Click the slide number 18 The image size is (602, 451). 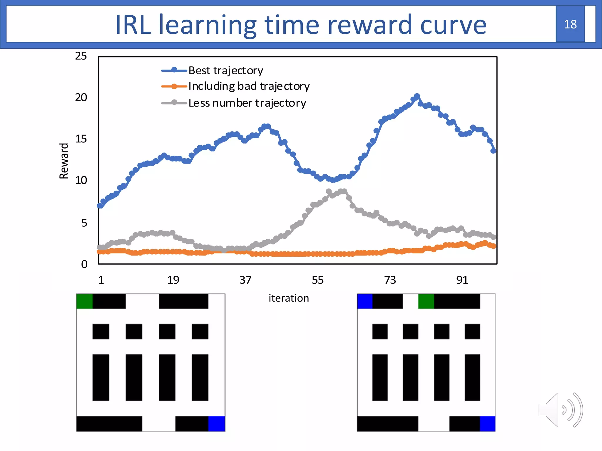570,24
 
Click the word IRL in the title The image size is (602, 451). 133,25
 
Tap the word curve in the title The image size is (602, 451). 453,25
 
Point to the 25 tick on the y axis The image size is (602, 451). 81,56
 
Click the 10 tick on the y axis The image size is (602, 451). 81,180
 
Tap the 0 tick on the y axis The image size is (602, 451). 84,264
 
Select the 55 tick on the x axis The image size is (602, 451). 317,280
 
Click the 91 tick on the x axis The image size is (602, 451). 462,280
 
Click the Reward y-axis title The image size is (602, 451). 64,161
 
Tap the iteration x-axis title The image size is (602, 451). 289,298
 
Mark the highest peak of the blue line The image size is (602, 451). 417,96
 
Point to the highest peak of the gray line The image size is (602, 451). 329,191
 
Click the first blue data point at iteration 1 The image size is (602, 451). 100,206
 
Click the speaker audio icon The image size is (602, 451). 560,410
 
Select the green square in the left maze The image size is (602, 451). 84,301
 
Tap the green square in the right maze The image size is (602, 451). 426,301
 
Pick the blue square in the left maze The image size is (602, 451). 217,423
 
